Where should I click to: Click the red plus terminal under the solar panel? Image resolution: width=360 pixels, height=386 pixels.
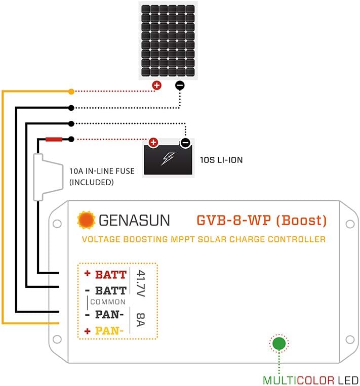pyautogui.click(x=156, y=85)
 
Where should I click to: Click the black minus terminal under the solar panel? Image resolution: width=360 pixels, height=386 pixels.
pyautogui.click(x=180, y=85)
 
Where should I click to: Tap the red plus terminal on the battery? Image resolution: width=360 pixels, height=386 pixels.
pyautogui.click(x=153, y=143)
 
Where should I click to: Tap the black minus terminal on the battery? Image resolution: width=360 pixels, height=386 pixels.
pyautogui.click(x=185, y=143)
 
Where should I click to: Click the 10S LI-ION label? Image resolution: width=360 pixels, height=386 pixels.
pyautogui.click(x=222, y=160)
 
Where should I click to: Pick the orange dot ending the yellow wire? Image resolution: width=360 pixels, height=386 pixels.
pyautogui.click(x=71, y=92)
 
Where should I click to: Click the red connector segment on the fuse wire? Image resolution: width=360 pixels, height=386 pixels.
pyautogui.click(x=53, y=139)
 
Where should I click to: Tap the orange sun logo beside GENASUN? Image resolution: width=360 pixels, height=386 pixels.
pyautogui.click(x=86, y=221)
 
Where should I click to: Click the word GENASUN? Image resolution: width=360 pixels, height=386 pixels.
pyautogui.click(x=134, y=221)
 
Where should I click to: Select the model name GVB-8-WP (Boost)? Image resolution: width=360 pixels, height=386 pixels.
pyautogui.click(x=261, y=221)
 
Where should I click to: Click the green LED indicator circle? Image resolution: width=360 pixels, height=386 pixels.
pyautogui.click(x=278, y=344)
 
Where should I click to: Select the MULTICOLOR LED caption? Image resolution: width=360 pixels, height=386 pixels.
pyautogui.click(x=310, y=380)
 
